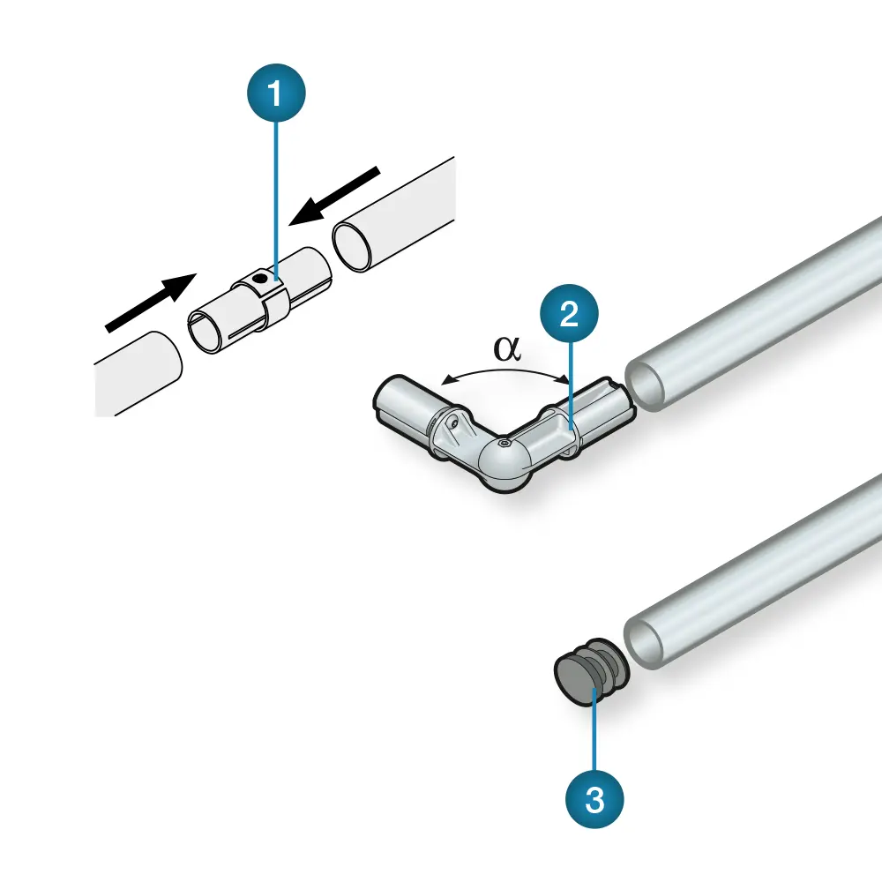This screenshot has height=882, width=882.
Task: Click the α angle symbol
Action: (507, 348)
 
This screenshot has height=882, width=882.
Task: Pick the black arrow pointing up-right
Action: (150, 303)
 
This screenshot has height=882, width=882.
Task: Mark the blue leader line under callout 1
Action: (278, 203)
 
